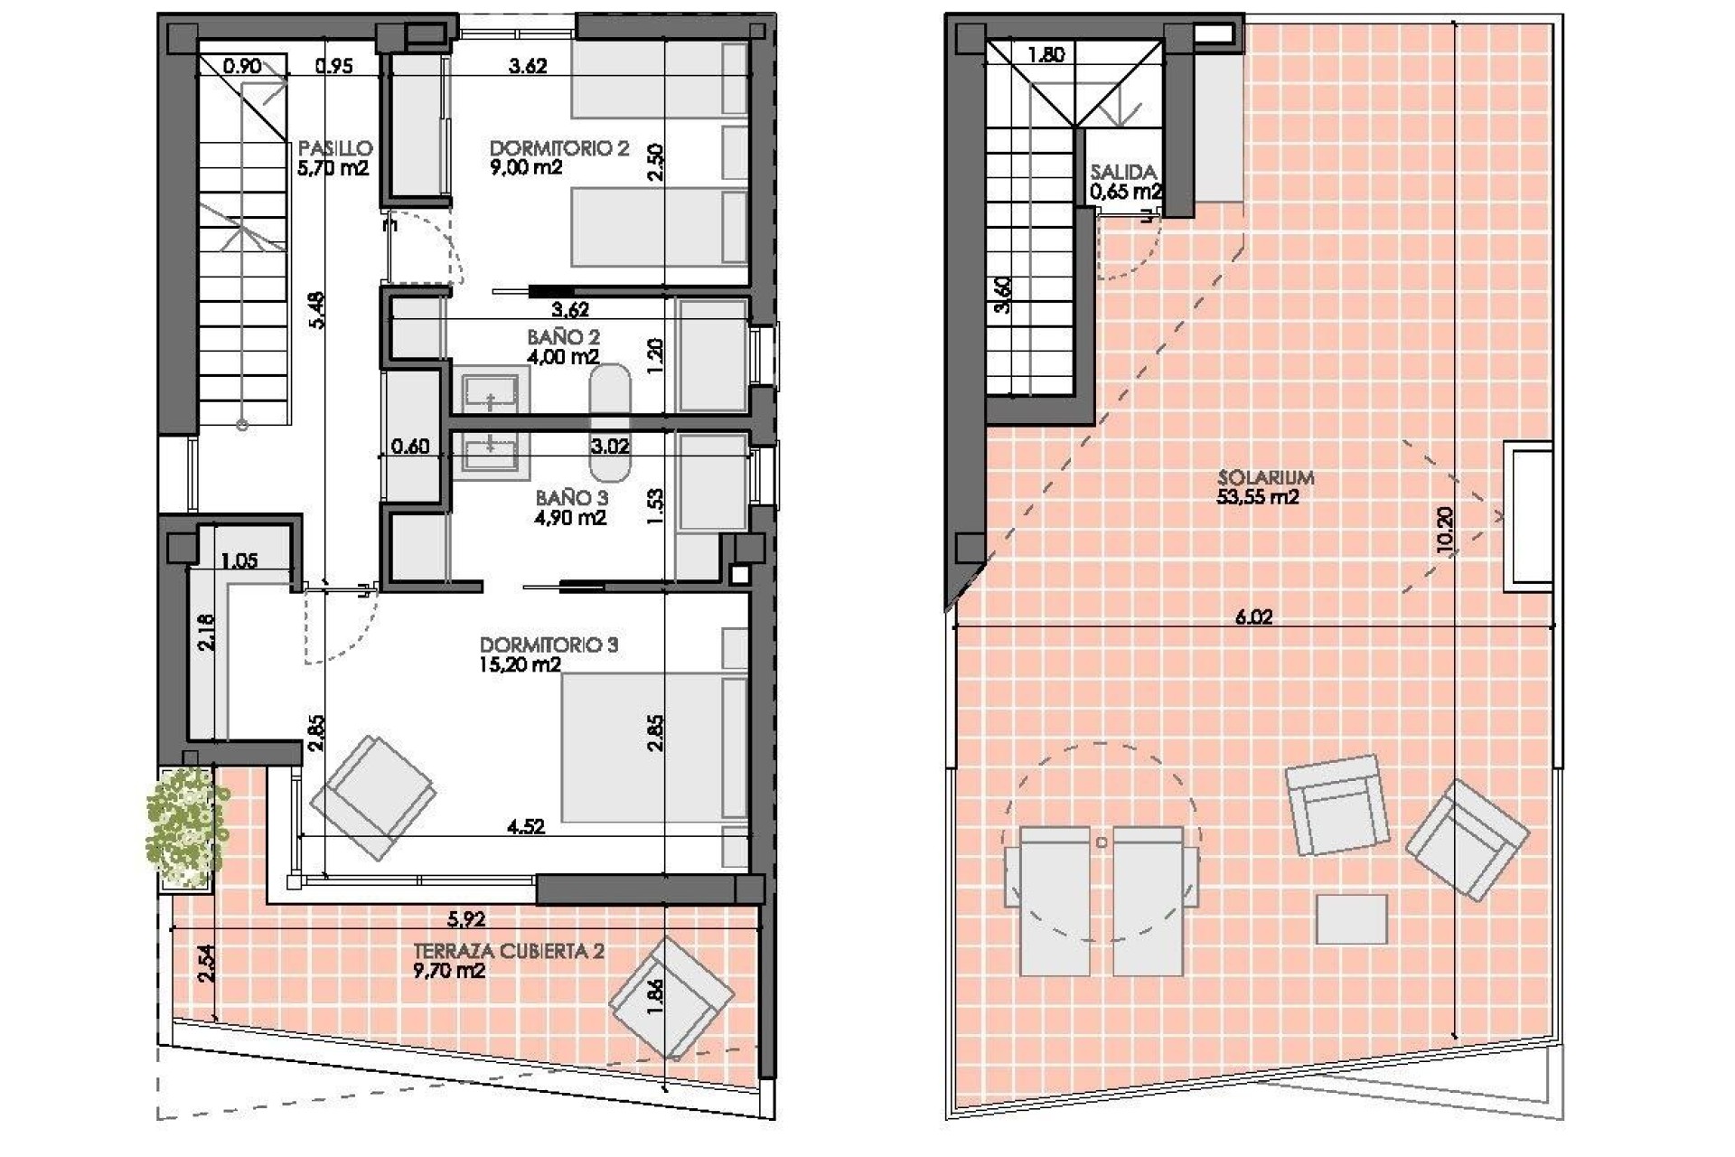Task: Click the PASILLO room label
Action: pos(335,148)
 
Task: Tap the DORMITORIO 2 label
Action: pos(558,148)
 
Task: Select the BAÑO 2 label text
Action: pos(563,337)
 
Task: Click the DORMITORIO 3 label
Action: pos(549,645)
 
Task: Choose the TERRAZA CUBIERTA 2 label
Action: pos(508,951)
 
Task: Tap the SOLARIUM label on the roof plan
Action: pos(1265,477)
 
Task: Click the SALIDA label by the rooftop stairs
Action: pos(1123,172)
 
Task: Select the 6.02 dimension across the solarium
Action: pos(1253,617)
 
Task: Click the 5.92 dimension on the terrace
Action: pos(466,919)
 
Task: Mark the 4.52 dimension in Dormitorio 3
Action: pos(526,826)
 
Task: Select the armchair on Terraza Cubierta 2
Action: pos(671,997)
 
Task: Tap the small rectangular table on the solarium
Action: pos(1351,919)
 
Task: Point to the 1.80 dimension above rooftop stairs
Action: pos(1046,55)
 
